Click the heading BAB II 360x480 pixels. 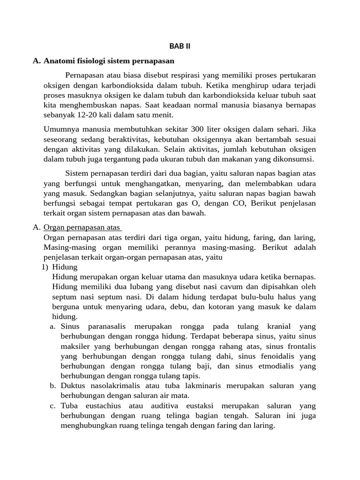(x=180, y=46)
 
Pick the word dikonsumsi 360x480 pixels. (x=295, y=159)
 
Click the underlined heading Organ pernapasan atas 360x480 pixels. (x=82, y=228)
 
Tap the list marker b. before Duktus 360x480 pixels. (x=53, y=386)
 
